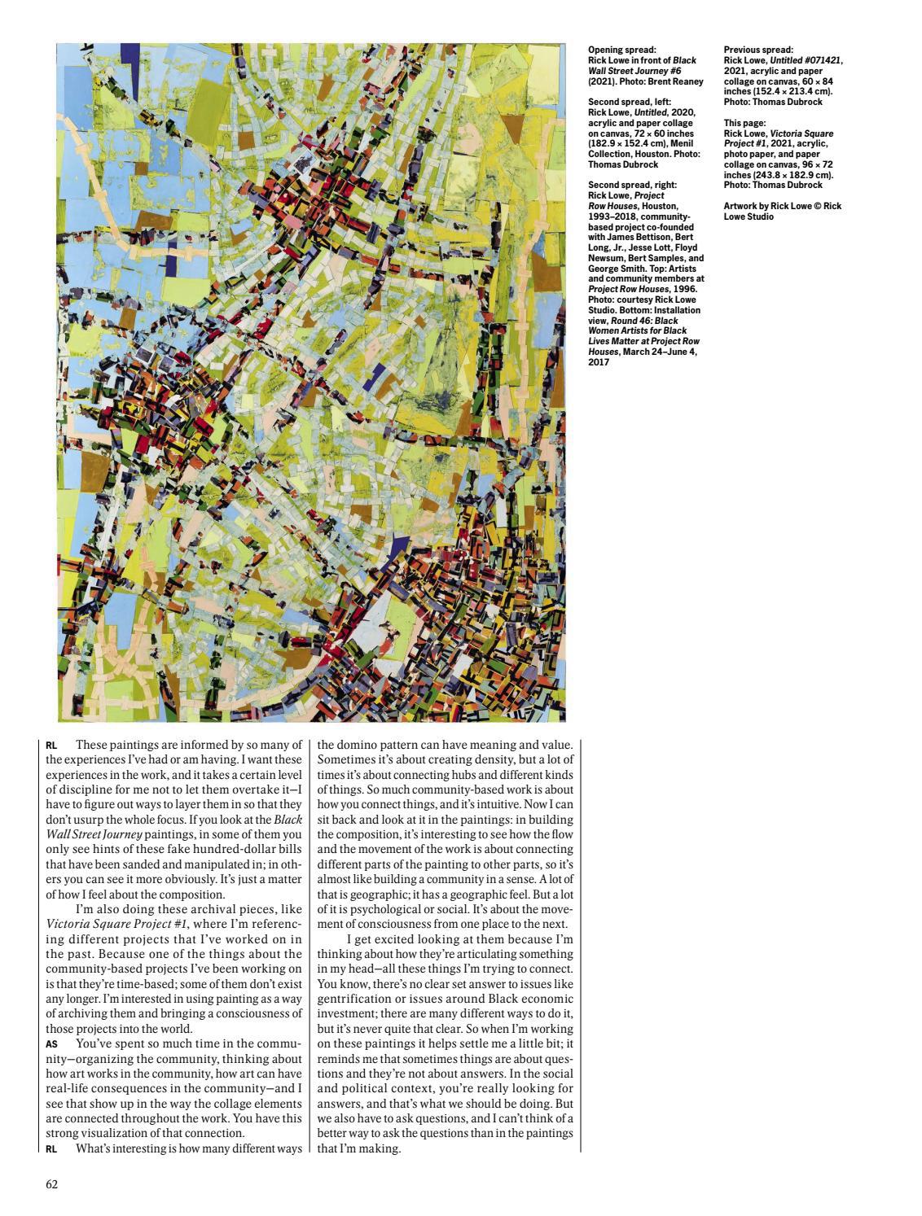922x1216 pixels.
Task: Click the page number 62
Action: (x=51, y=1183)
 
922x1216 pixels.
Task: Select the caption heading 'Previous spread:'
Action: (x=758, y=50)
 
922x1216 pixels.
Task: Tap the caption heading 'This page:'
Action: (x=744, y=123)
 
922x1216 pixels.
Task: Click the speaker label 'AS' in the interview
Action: (x=51, y=1043)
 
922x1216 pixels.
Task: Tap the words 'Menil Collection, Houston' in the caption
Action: (x=643, y=149)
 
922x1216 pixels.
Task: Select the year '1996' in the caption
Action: (x=683, y=290)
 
